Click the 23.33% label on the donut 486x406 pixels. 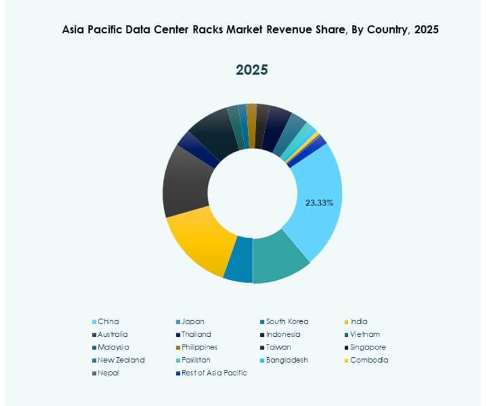point(319,203)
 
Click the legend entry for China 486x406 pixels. point(109,321)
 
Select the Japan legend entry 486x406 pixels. point(192,321)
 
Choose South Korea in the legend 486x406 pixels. point(287,321)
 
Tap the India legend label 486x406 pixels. point(359,321)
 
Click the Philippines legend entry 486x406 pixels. point(199,347)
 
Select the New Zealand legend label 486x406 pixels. point(121,360)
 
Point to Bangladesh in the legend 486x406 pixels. point(287,360)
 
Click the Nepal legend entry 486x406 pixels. point(109,373)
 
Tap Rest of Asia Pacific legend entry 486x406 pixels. point(214,373)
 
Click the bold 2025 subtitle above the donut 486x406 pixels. point(252,70)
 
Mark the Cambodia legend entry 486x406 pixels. point(369,360)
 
